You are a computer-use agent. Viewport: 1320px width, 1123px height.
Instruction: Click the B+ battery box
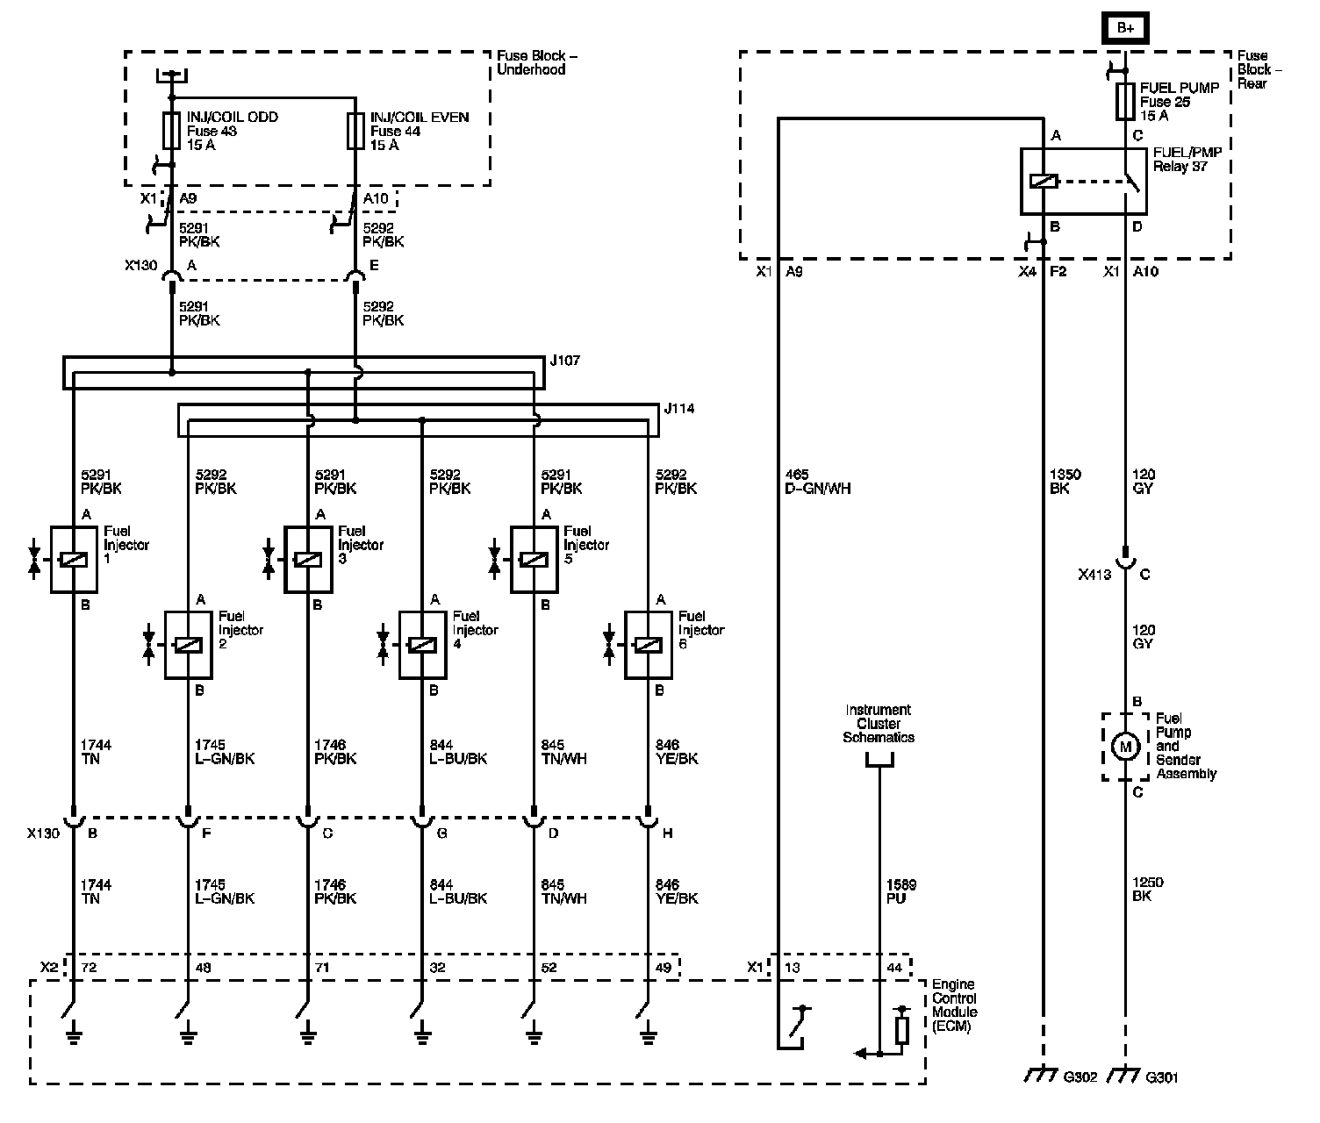pyautogui.click(x=1125, y=28)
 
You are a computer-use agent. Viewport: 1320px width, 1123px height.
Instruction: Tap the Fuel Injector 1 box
pyautogui.click(x=74, y=559)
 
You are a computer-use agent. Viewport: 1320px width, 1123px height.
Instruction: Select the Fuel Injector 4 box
pyautogui.click(x=422, y=645)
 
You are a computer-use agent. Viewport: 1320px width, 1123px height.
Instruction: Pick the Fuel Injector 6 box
pyautogui.click(x=649, y=645)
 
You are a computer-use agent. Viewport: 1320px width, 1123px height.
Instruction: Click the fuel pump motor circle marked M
pyautogui.click(x=1125, y=747)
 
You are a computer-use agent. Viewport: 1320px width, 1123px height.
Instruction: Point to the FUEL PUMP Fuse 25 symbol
pyautogui.click(x=1125, y=101)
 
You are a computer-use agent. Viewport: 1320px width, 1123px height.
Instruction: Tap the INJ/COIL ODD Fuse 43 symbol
pyautogui.click(x=171, y=131)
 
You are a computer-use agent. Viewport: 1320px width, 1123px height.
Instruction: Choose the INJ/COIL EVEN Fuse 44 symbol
pyautogui.click(x=355, y=131)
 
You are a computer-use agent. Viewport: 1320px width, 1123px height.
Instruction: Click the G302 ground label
pyautogui.click(x=1080, y=1077)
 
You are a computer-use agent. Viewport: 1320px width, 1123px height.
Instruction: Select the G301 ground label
pyautogui.click(x=1162, y=1077)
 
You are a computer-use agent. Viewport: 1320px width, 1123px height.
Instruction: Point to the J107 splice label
pyautogui.click(x=564, y=361)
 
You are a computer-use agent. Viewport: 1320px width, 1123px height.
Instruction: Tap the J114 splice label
pyautogui.click(x=678, y=409)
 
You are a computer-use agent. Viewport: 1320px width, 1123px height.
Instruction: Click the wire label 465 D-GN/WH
pyautogui.click(x=817, y=482)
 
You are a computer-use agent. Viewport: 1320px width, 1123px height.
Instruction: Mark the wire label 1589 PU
pyautogui.click(x=901, y=891)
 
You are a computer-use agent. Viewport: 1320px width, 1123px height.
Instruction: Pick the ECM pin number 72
pyautogui.click(x=89, y=967)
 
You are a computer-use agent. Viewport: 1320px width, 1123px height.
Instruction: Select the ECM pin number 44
pyautogui.click(x=894, y=967)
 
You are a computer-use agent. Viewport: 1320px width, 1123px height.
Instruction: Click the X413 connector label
pyautogui.click(x=1094, y=575)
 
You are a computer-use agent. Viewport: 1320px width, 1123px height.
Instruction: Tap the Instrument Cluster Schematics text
pyautogui.click(x=878, y=723)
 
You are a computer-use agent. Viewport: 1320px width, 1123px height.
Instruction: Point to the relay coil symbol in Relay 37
pyautogui.click(x=1044, y=182)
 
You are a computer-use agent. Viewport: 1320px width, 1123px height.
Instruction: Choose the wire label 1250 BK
pyautogui.click(x=1148, y=889)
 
